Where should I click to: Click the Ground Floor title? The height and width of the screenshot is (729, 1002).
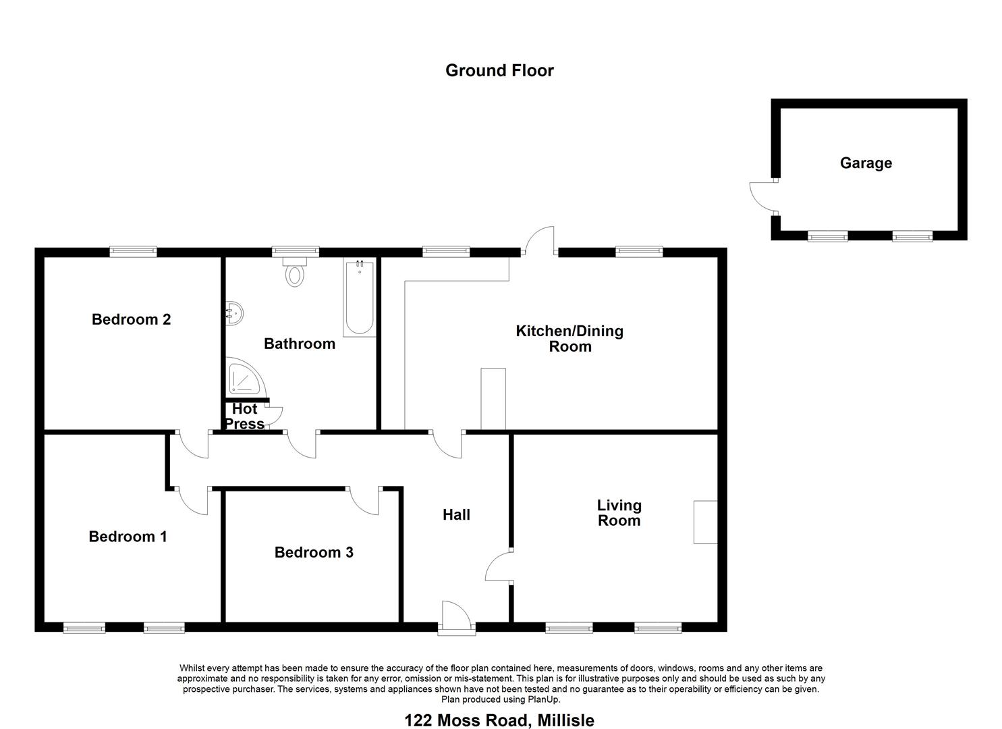[x=499, y=71]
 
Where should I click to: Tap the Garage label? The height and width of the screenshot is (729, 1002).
[x=866, y=163]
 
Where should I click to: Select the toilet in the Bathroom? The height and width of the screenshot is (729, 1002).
[x=294, y=272]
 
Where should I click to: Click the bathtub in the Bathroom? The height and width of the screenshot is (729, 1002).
[x=359, y=298]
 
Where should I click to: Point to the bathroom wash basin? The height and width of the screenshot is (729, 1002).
[x=234, y=313]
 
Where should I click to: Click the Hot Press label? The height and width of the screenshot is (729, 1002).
[x=245, y=416]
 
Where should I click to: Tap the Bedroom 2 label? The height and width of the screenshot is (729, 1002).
[x=131, y=319]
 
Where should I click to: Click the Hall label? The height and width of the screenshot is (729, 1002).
[x=456, y=514]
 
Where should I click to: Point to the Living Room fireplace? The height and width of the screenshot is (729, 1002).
[x=705, y=522]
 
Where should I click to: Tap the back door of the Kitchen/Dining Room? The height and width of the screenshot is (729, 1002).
[x=540, y=241]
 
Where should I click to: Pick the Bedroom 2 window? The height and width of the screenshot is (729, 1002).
[x=134, y=252]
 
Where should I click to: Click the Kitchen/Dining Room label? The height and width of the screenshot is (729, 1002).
[x=569, y=338]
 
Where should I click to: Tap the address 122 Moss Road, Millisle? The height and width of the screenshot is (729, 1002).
[x=499, y=720]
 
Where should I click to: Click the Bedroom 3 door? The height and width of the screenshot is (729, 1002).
[x=364, y=501]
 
